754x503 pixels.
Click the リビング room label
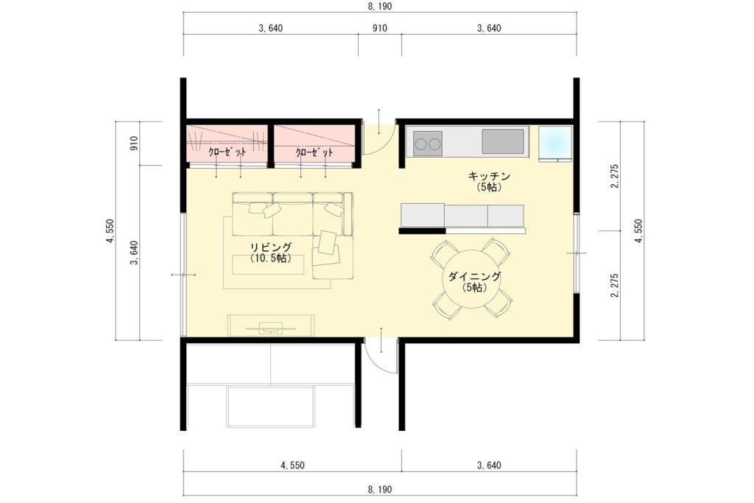(x=271, y=247)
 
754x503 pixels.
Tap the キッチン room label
(x=489, y=177)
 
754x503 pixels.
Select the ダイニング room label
(x=475, y=276)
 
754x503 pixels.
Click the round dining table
(x=471, y=280)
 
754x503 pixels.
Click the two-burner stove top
(x=428, y=144)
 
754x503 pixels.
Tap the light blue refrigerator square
(x=555, y=144)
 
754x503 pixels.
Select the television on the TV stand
(x=270, y=328)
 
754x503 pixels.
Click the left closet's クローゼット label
(x=227, y=152)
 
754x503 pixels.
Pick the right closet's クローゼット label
(x=314, y=152)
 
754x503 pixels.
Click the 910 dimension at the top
(x=380, y=29)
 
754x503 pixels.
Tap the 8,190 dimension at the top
(x=380, y=6)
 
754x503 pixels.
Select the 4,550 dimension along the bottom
(x=292, y=465)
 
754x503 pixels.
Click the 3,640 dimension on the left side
(x=134, y=253)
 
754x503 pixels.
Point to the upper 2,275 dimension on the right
(x=615, y=176)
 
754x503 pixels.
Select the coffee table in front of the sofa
(x=268, y=265)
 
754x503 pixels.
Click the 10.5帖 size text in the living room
(x=271, y=258)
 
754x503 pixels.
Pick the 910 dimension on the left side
(x=134, y=144)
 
